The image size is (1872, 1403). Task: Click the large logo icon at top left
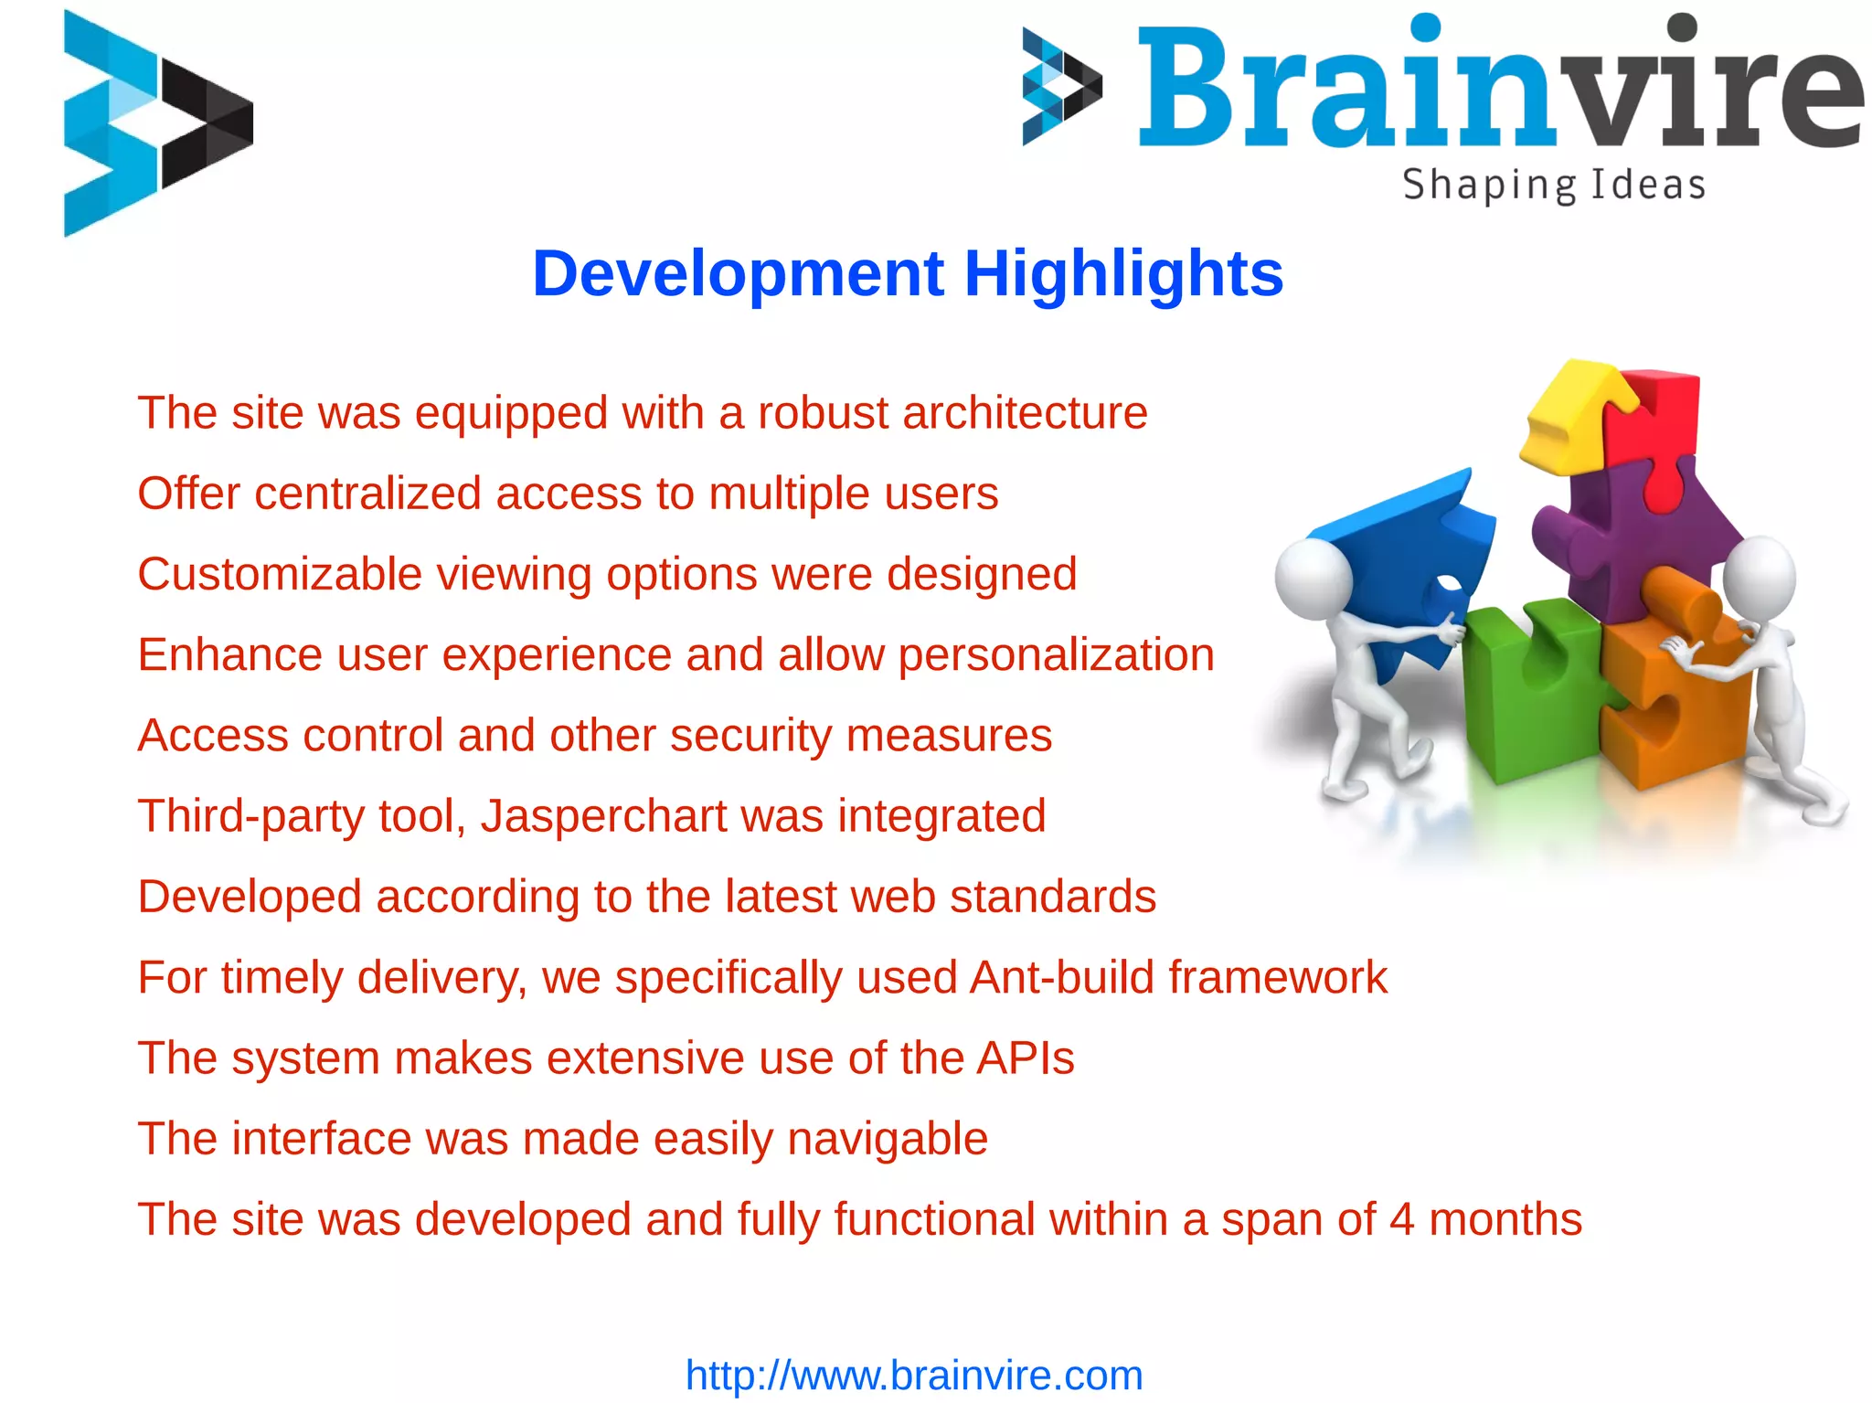[155, 123]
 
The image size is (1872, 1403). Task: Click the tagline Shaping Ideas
[1553, 186]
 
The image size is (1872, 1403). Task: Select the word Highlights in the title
[1123, 273]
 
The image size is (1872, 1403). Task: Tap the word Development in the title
[738, 273]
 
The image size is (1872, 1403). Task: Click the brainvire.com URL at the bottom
[913, 1376]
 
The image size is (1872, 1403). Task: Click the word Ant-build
[1061, 977]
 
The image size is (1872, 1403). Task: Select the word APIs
[1025, 1058]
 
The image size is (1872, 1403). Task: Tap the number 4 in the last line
[1401, 1219]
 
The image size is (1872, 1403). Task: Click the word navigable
[887, 1139]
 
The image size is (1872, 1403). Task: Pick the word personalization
[1056, 654]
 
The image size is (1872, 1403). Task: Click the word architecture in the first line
[1025, 412]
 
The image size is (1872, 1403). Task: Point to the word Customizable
[280, 574]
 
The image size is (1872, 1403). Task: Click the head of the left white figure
[1313, 579]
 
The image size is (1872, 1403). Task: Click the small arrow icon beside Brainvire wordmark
[1060, 87]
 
